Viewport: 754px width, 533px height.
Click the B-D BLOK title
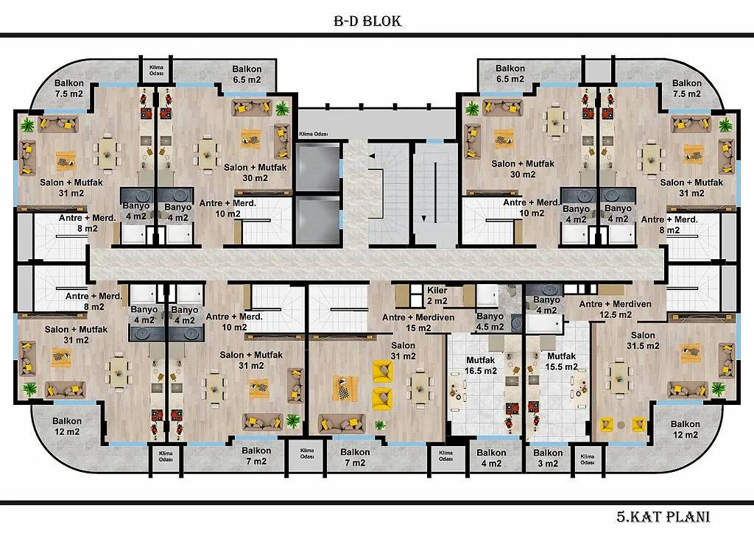pos(367,21)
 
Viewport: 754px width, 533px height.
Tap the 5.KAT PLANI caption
pos(663,517)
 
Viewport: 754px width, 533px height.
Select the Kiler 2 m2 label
pos(437,295)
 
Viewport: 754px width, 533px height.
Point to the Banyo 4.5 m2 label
pos(490,322)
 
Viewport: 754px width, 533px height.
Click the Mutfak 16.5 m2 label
pos(480,365)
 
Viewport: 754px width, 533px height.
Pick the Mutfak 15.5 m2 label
pos(561,361)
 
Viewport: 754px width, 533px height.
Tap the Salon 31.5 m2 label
pos(643,340)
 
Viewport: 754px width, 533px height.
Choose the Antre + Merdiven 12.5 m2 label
pos(615,309)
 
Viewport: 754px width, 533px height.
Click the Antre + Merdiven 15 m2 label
pos(418,322)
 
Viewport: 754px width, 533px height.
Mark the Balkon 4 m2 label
pos(491,458)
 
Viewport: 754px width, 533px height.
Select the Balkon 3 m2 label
pos(548,458)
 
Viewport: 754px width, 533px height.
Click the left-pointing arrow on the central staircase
pos(372,156)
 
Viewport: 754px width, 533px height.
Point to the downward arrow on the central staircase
pos(423,218)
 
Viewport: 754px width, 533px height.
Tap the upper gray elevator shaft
pos(318,167)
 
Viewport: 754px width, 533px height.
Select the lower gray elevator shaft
pos(318,219)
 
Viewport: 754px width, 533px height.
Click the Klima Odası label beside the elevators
pos(314,134)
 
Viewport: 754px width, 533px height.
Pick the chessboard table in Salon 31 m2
pos(345,388)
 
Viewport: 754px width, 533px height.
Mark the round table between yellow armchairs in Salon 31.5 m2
pos(621,425)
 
